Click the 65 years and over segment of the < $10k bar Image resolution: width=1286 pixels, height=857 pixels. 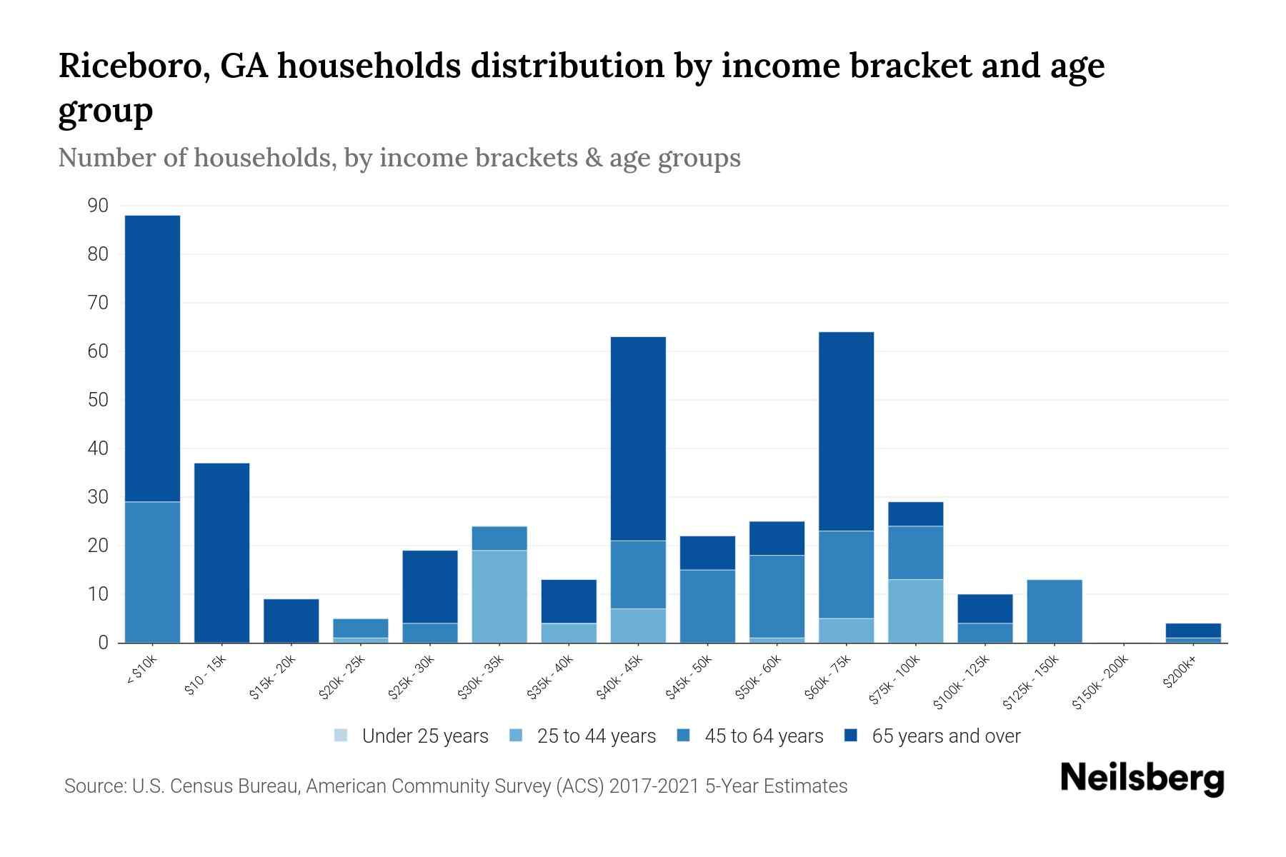[x=152, y=357]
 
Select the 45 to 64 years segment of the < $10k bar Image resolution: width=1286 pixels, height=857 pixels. [x=152, y=571]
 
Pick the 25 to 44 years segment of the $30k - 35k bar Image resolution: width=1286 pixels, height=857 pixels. [x=499, y=596]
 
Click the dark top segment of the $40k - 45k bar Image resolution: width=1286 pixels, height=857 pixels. [x=638, y=438]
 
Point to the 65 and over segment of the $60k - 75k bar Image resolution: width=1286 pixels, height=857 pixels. [x=846, y=431]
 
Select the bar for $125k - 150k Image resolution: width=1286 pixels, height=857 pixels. [x=1055, y=611]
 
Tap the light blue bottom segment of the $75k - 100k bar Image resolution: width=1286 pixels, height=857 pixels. [x=915, y=611]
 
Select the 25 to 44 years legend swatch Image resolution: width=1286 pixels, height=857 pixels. [x=516, y=736]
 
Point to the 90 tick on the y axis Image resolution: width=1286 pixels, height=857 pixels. [x=98, y=206]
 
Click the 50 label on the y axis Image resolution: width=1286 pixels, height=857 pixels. [x=98, y=400]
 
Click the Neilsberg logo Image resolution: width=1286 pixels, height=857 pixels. [x=1142, y=778]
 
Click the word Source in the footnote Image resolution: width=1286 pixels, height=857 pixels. [x=93, y=786]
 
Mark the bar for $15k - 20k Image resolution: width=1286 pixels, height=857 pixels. [x=291, y=621]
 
